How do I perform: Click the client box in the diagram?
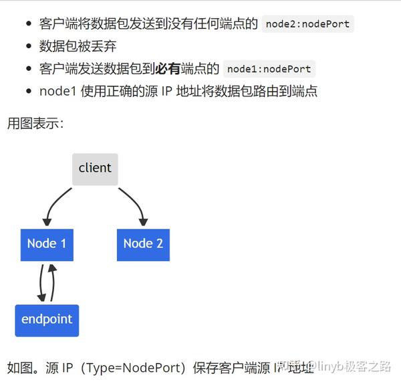click(x=95, y=169)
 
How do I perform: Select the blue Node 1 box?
click(x=47, y=244)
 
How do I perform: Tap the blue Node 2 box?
click(x=143, y=244)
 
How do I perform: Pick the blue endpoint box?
click(x=47, y=320)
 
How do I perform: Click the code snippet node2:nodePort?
click(x=307, y=25)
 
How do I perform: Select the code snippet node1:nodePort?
click(x=269, y=69)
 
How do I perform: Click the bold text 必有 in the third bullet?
click(x=168, y=68)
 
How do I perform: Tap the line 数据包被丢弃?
click(x=78, y=46)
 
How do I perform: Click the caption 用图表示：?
click(x=35, y=123)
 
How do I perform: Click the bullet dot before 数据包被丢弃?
click(x=28, y=47)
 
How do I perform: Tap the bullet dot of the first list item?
click(x=28, y=25)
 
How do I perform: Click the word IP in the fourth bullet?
click(x=164, y=91)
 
